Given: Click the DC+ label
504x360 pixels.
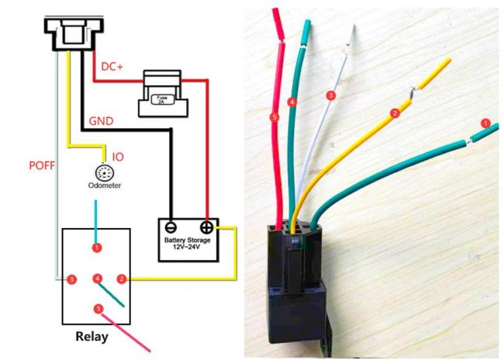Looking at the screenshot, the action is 112,67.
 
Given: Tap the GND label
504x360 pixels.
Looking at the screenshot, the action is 101,121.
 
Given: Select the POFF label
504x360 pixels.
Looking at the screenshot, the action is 42,165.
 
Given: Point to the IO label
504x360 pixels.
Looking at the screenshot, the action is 118,157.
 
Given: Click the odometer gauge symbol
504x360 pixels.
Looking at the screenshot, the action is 105,173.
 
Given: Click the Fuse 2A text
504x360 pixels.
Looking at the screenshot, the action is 163,99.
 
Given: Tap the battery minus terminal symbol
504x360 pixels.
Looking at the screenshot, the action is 171,227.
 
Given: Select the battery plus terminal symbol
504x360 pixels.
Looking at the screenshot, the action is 206,227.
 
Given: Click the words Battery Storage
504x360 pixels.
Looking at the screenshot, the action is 188,240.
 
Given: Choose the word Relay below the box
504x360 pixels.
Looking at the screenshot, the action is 91,337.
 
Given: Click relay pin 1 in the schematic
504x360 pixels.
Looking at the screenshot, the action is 97,247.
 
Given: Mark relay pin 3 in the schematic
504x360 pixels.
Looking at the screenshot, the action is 71,279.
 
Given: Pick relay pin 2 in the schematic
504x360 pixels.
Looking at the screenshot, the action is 122,279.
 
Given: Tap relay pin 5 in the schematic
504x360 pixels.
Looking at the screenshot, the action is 98,309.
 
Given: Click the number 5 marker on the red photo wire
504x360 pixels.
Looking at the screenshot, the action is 274,117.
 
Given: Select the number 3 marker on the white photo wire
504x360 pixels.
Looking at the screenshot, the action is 331,95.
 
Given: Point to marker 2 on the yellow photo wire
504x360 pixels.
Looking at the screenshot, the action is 395,113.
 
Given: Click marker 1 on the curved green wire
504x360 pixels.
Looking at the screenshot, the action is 485,123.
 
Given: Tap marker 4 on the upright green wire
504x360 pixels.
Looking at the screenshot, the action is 292,102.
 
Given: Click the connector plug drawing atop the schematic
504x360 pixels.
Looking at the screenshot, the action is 74,33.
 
